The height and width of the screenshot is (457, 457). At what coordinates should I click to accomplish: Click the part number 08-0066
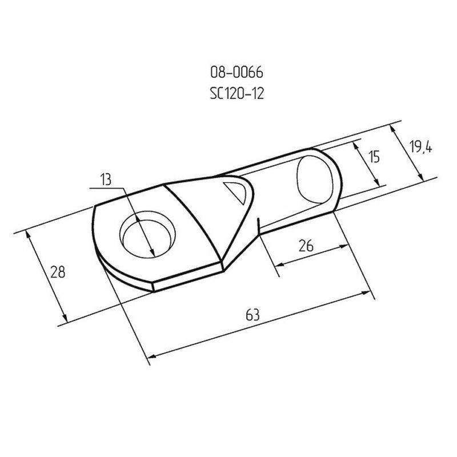236,73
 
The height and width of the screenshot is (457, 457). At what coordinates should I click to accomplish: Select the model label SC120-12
236,94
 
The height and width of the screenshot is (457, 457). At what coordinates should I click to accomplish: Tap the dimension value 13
106,179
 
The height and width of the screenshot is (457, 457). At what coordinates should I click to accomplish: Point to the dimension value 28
58,272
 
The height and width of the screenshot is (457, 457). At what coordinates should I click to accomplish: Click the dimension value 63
252,315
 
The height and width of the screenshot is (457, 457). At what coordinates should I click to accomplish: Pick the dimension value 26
306,245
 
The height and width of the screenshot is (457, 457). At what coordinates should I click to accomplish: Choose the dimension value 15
374,157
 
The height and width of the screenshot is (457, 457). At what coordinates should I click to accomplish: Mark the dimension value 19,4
420,147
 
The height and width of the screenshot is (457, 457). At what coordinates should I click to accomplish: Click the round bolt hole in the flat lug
147,234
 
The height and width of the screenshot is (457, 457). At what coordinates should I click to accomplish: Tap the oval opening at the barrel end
315,179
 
